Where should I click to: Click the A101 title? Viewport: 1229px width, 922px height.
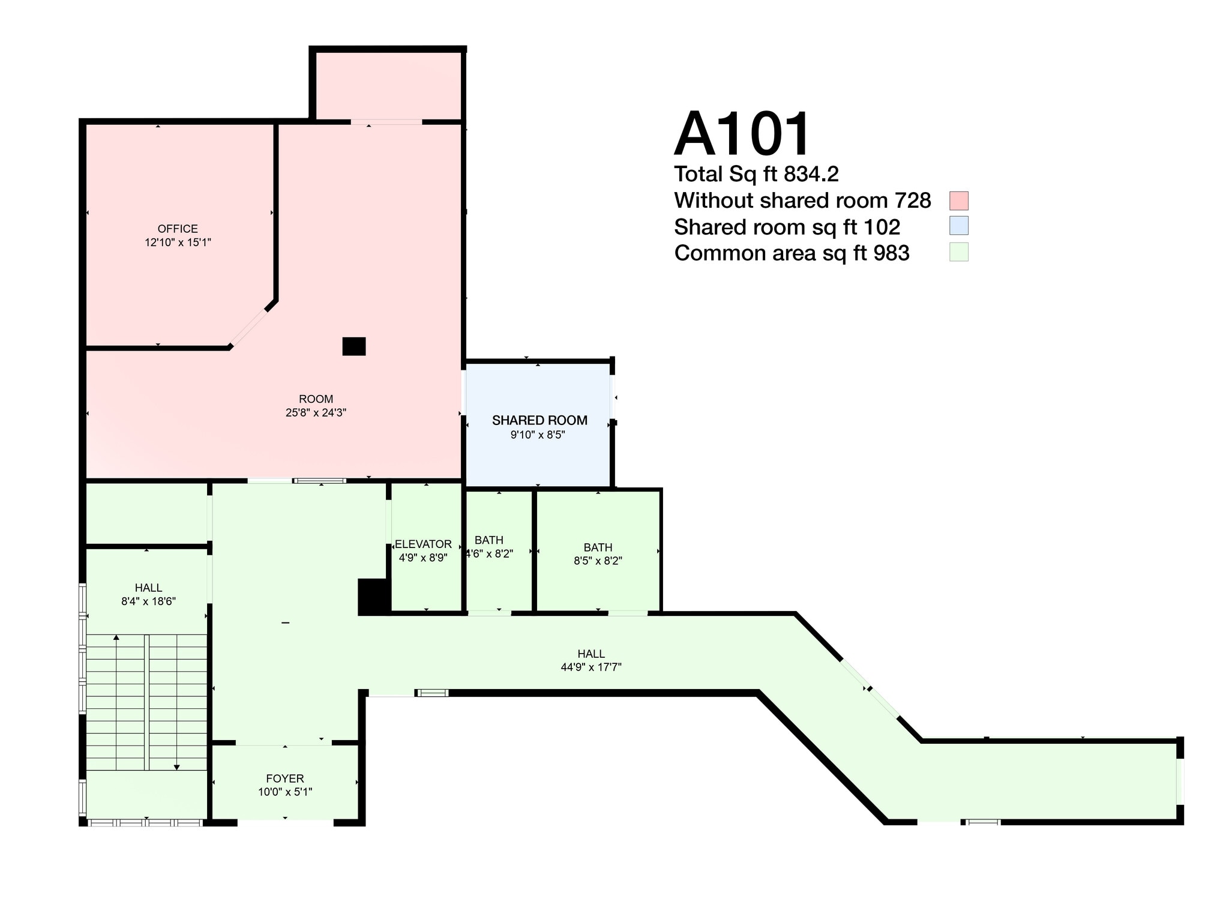pyautogui.click(x=742, y=134)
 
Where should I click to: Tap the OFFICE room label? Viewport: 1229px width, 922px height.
pyautogui.click(x=178, y=229)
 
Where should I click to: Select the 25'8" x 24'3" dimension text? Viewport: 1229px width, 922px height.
pyautogui.click(x=316, y=413)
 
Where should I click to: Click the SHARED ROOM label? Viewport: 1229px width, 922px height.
pyautogui.click(x=539, y=420)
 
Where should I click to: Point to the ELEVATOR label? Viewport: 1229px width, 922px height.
pyautogui.click(x=423, y=544)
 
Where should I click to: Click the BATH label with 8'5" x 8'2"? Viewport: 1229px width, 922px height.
pyautogui.click(x=598, y=547)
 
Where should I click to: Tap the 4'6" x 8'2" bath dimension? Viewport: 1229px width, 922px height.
pyautogui.click(x=490, y=553)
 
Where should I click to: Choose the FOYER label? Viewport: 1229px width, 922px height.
pyautogui.click(x=285, y=779)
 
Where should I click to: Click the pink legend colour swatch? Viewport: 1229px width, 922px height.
pyautogui.click(x=958, y=200)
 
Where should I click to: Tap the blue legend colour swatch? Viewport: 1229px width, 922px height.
pyautogui.click(x=958, y=226)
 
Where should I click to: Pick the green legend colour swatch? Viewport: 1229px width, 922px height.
pyautogui.click(x=958, y=252)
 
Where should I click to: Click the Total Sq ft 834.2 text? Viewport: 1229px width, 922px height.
pyautogui.click(x=756, y=174)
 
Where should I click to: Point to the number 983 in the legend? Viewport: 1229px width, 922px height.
pyautogui.click(x=891, y=253)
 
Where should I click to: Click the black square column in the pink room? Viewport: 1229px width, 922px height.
pyautogui.click(x=354, y=346)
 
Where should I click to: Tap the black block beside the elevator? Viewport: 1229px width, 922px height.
pyautogui.click(x=373, y=597)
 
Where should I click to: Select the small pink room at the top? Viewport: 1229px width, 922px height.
pyautogui.click(x=388, y=86)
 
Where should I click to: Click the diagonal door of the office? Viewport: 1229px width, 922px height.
pyautogui.click(x=249, y=328)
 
